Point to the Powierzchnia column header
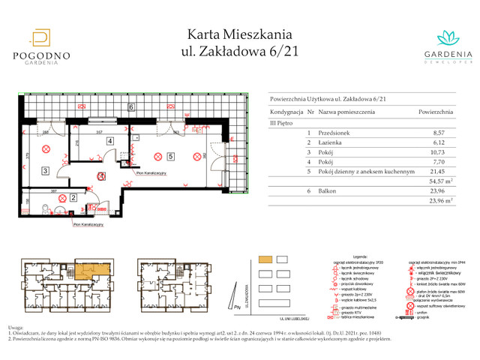[x=435, y=112]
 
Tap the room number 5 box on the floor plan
[x=171, y=157]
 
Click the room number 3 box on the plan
[x=46, y=171]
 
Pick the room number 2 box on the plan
[x=73, y=198]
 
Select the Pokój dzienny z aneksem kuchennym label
[x=366, y=172]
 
